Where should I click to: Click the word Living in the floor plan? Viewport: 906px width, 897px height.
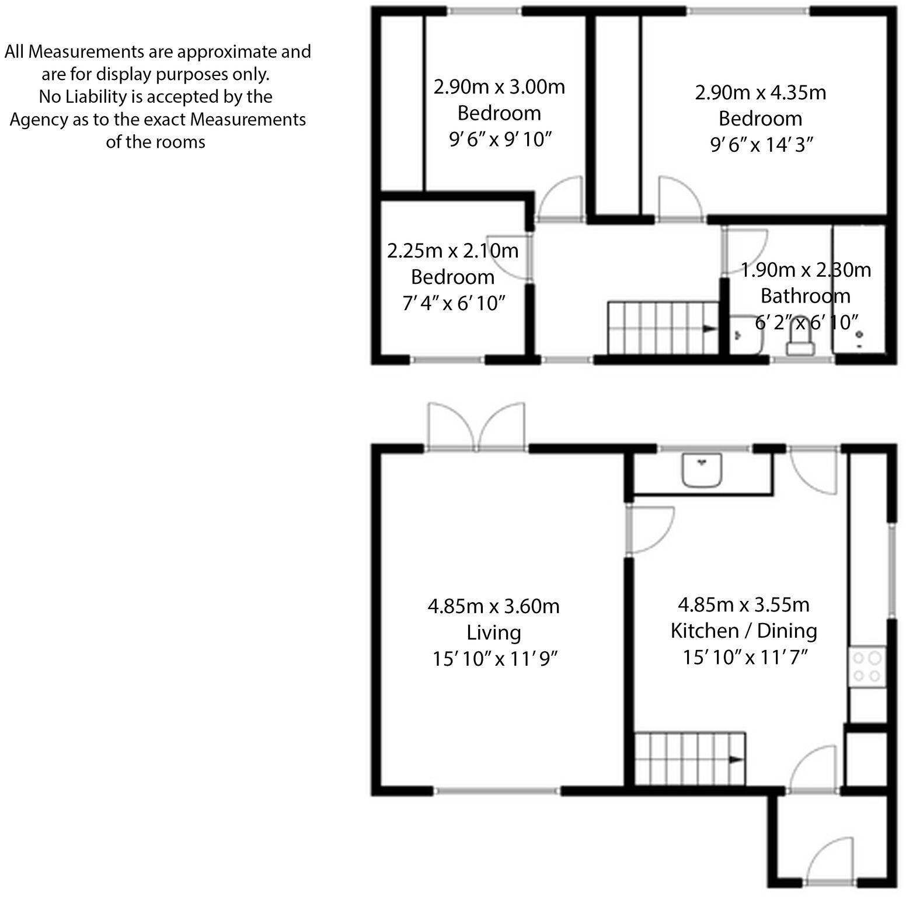[494, 632]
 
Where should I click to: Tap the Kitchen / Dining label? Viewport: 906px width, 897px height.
[743, 631]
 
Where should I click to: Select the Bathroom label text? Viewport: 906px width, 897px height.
[805, 296]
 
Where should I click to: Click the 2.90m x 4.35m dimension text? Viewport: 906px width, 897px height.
[760, 92]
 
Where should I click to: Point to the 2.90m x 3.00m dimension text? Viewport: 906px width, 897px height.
[499, 87]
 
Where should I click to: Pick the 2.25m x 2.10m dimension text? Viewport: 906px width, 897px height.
[452, 251]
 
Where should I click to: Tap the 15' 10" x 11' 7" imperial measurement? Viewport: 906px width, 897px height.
[745, 657]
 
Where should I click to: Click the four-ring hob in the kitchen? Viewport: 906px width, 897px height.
[867, 667]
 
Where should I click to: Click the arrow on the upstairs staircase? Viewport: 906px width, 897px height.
[709, 329]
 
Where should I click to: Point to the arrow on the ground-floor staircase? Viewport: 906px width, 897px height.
[736, 760]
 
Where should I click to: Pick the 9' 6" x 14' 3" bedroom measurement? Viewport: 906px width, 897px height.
[761, 145]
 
